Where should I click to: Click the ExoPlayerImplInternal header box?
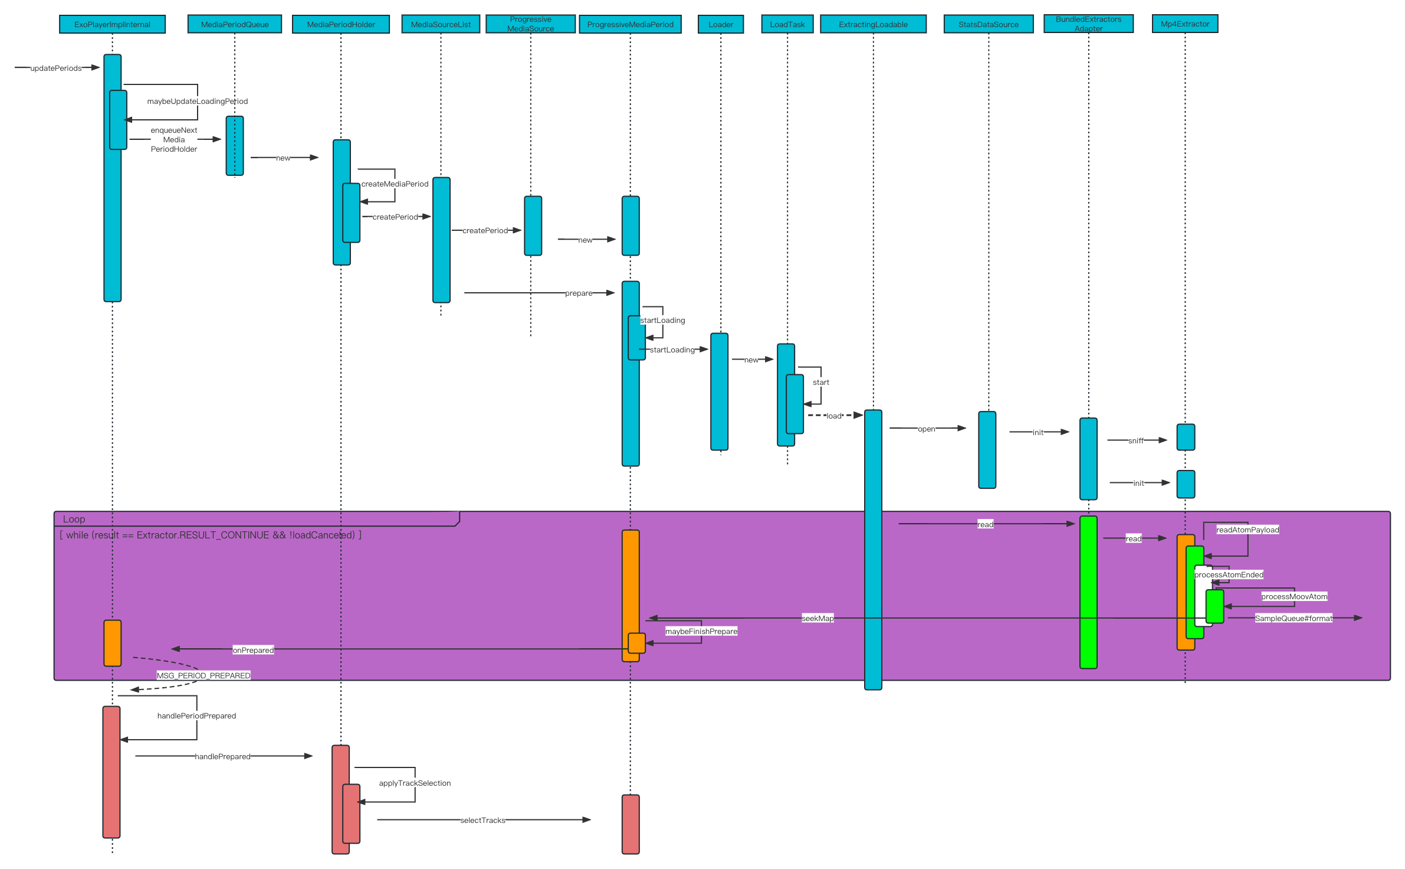[112, 24]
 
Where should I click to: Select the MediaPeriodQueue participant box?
[234, 24]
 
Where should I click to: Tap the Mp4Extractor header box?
[1184, 24]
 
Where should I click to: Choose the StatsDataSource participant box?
[988, 24]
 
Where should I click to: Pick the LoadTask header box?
[787, 24]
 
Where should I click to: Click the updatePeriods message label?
[56, 68]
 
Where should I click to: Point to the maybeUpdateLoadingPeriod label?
[197, 101]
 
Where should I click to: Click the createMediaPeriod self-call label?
[395, 184]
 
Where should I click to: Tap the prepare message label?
[578, 293]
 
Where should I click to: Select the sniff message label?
[1135, 440]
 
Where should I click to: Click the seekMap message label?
[818, 618]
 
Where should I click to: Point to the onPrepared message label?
[253, 650]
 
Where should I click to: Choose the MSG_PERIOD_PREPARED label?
[203, 675]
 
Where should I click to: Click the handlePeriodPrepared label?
[196, 716]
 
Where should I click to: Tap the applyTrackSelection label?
[415, 783]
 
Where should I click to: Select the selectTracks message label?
[482, 820]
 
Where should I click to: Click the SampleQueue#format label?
[1293, 618]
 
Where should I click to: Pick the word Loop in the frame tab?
[74, 519]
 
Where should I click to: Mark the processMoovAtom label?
[1294, 596]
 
